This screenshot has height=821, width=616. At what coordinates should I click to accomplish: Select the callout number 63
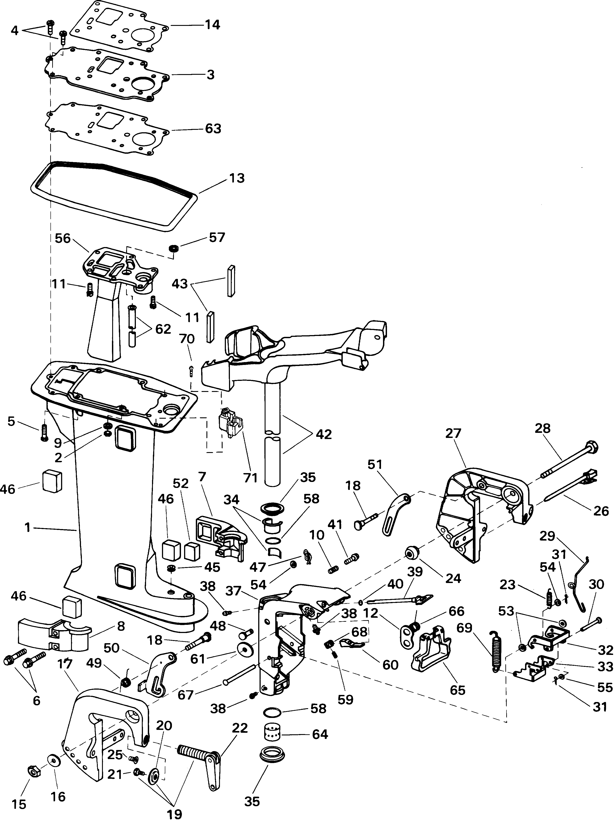[x=213, y=129]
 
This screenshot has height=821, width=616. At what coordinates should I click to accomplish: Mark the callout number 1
[x=27, y=528]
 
